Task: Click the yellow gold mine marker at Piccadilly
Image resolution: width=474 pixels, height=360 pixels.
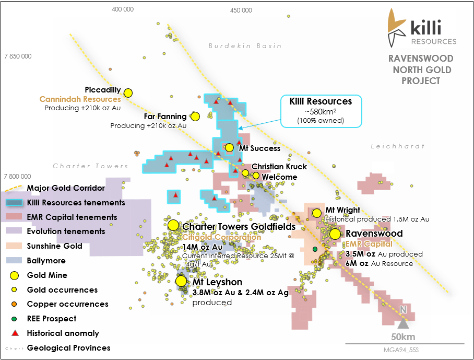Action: tap(128, 92)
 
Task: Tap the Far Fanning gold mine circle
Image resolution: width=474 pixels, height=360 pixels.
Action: tap(195, 116)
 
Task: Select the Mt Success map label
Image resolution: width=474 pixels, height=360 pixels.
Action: tap(259, 148)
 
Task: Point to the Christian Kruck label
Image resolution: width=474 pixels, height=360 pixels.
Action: tap(279, 167)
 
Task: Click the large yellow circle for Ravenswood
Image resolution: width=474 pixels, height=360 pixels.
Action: tap(335, 234)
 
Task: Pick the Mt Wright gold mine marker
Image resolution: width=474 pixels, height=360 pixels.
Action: tap(316, 213)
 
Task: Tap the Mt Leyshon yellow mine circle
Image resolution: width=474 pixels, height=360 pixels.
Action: tap(181, 281)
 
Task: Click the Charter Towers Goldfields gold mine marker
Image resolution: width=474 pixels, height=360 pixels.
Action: tap(173, 225)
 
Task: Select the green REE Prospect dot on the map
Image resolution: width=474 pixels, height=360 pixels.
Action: tap(315, 249)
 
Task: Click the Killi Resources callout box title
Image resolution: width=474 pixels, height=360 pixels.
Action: tap(321, 101)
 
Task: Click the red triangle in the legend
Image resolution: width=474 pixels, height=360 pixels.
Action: tap(15, 333)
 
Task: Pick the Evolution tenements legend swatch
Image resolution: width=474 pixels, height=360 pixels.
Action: tap(15, 231)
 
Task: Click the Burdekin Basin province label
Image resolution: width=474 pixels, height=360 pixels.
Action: tap(245, 46)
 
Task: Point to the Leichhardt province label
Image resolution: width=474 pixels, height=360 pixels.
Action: tap(397, 146)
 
